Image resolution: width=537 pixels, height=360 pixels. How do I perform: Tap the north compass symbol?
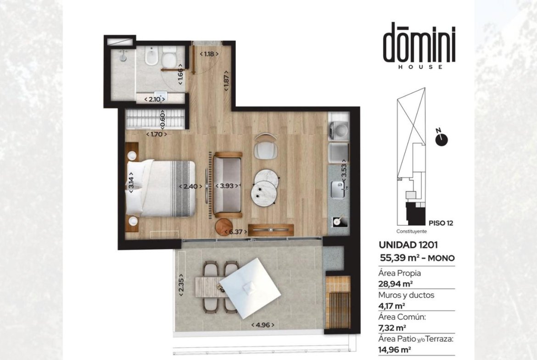(442, 138)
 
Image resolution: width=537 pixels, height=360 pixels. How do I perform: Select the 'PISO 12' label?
(441, 223)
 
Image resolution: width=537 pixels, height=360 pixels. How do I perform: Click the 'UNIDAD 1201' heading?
(408, 245)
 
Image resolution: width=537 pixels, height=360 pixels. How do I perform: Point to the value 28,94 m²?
(395, 283)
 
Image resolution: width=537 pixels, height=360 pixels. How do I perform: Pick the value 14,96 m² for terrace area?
(395, 350)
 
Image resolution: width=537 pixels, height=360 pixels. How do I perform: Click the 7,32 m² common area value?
(392, 328)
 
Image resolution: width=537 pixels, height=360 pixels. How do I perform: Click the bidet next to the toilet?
(151, 56)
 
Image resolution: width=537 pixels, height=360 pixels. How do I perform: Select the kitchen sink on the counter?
(338, 189)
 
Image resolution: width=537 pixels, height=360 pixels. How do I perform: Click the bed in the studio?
(161, 188)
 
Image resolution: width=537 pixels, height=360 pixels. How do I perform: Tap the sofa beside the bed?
(228, 185)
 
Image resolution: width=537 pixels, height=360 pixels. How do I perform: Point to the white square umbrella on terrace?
(250, 284)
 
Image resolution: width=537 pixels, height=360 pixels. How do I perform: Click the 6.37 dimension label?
(235, 232)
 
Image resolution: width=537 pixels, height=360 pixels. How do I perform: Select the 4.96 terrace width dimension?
(263, 325)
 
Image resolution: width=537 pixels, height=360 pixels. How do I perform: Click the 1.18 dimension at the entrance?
(209, 54)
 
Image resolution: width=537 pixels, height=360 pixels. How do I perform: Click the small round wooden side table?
(224, 226)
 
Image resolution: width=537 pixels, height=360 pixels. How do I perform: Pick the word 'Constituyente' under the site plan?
(412, 231)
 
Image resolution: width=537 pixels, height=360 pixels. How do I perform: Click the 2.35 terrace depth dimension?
(181, 285)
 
